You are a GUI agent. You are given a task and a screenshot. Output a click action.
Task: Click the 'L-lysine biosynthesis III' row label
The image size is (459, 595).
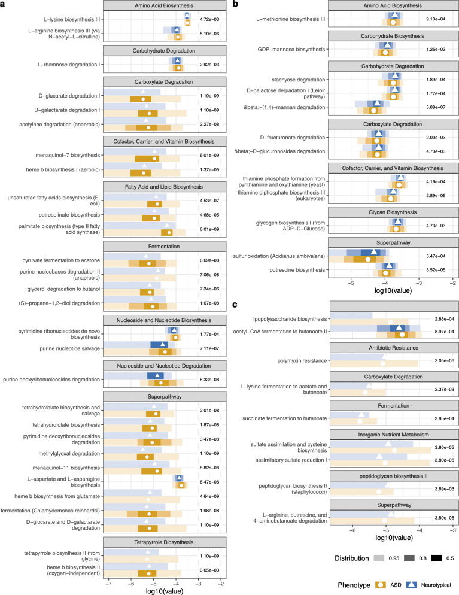tap(67, 19)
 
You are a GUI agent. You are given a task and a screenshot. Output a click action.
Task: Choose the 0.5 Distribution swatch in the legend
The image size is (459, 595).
tap(440, 558)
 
